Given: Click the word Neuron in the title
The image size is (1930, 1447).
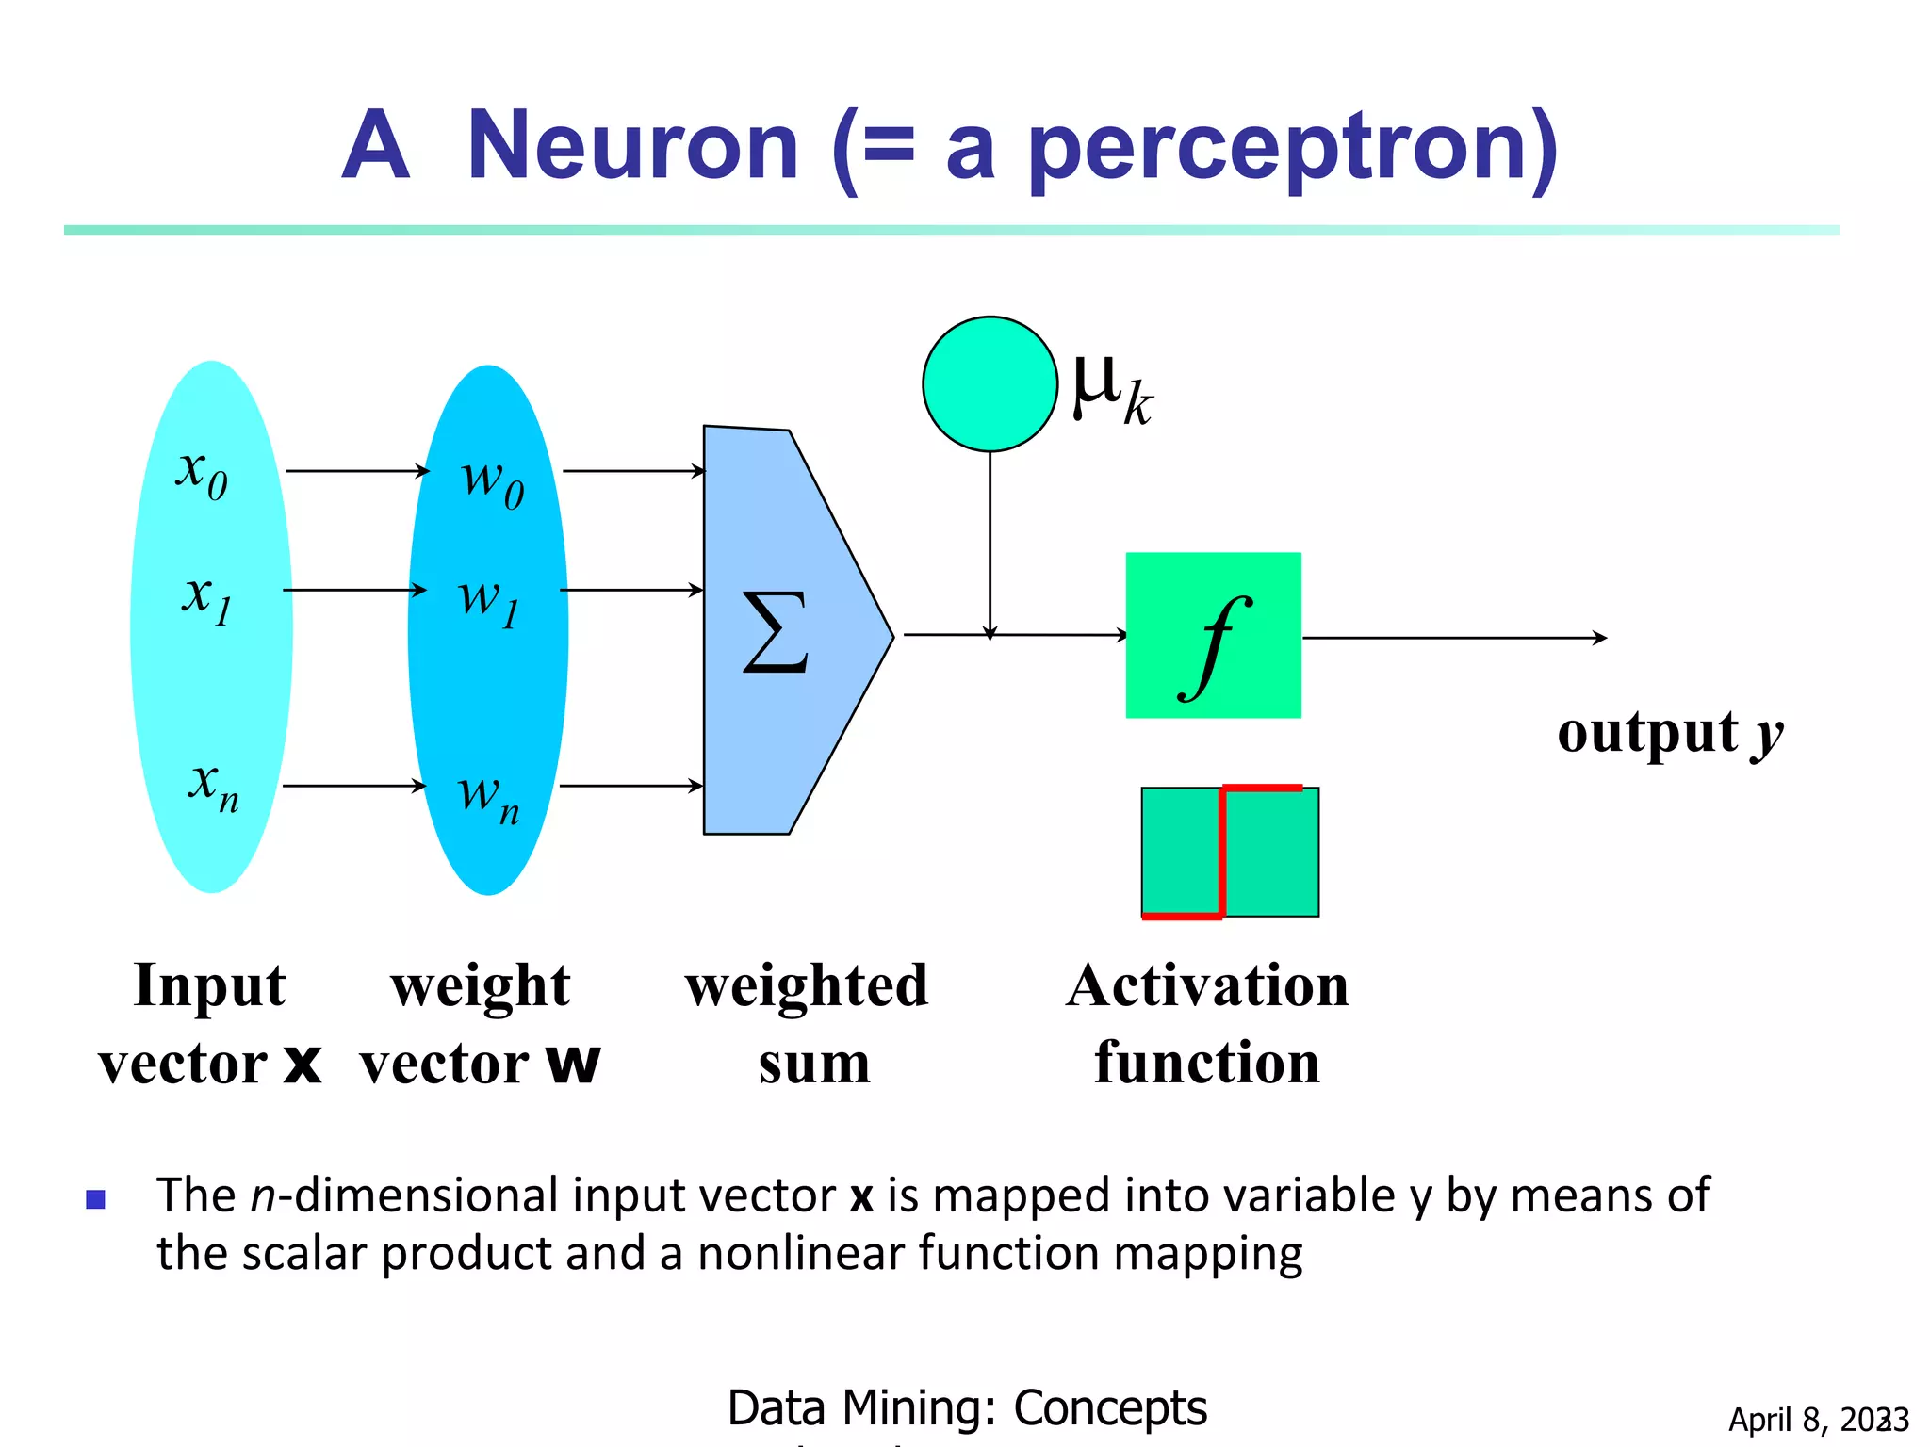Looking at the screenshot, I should (632, 146).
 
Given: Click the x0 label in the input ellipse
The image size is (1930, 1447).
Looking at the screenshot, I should (202, 473).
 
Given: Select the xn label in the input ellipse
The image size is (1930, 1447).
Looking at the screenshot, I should (214, 786).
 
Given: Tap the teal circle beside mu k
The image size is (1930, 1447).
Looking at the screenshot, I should (990, 384).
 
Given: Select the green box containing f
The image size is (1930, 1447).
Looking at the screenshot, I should (1213, 635).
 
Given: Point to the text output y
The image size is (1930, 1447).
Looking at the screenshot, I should (1669, 733).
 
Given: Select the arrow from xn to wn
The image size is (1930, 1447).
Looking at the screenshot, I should (353, 785).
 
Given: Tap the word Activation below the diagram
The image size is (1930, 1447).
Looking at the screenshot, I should (1207, 986).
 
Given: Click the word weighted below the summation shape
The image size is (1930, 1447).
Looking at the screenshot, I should (807, 986).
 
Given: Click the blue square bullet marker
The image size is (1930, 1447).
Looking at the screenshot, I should (95, 1199).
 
